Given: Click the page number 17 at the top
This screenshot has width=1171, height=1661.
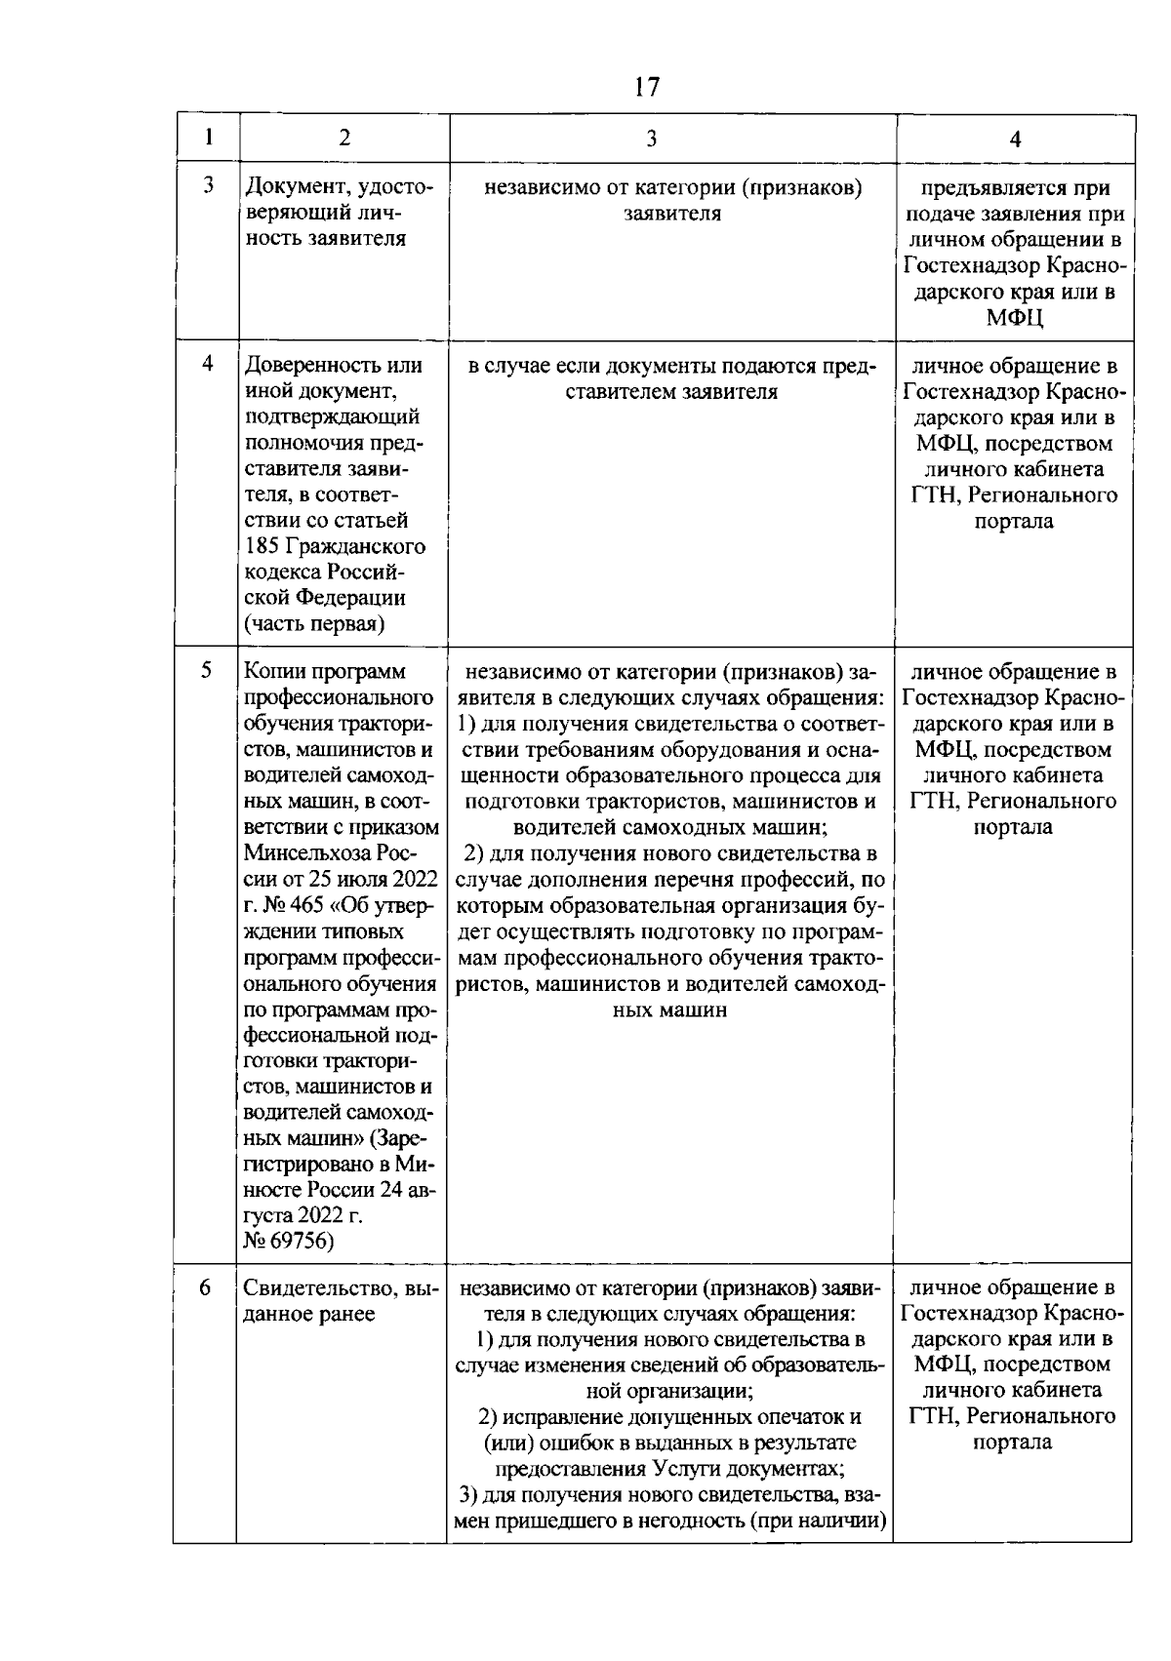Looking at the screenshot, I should click(x=646, y=87).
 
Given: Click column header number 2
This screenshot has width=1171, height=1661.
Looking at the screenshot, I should click(x=344, y=138).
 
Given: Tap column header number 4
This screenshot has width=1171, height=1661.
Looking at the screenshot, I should click(x=1015, y=138).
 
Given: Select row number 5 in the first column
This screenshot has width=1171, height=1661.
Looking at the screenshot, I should click(x=207, y=671).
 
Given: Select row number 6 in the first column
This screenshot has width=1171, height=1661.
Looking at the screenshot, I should click(x=205, y=1287).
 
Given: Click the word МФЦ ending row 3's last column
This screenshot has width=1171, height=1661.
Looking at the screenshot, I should click(x=1014, y=317).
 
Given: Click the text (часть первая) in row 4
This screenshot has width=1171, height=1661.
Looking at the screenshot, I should click(x=313, y=624).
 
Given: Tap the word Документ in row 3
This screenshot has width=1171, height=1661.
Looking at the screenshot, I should click(x=291, y=187).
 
